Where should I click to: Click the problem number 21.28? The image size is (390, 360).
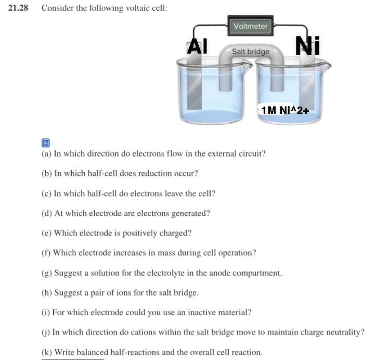coord(18,8)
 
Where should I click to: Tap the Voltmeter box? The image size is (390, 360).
coord(251,26)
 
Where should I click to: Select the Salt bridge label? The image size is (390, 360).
coord(251,52)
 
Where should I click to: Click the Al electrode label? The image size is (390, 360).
coord(197,46)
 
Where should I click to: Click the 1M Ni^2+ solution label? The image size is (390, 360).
coord(285,110)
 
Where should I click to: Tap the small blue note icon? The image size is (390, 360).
coord(45,142)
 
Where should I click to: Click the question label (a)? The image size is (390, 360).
coord(46,154)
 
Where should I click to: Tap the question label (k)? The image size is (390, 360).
coord(46,352)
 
